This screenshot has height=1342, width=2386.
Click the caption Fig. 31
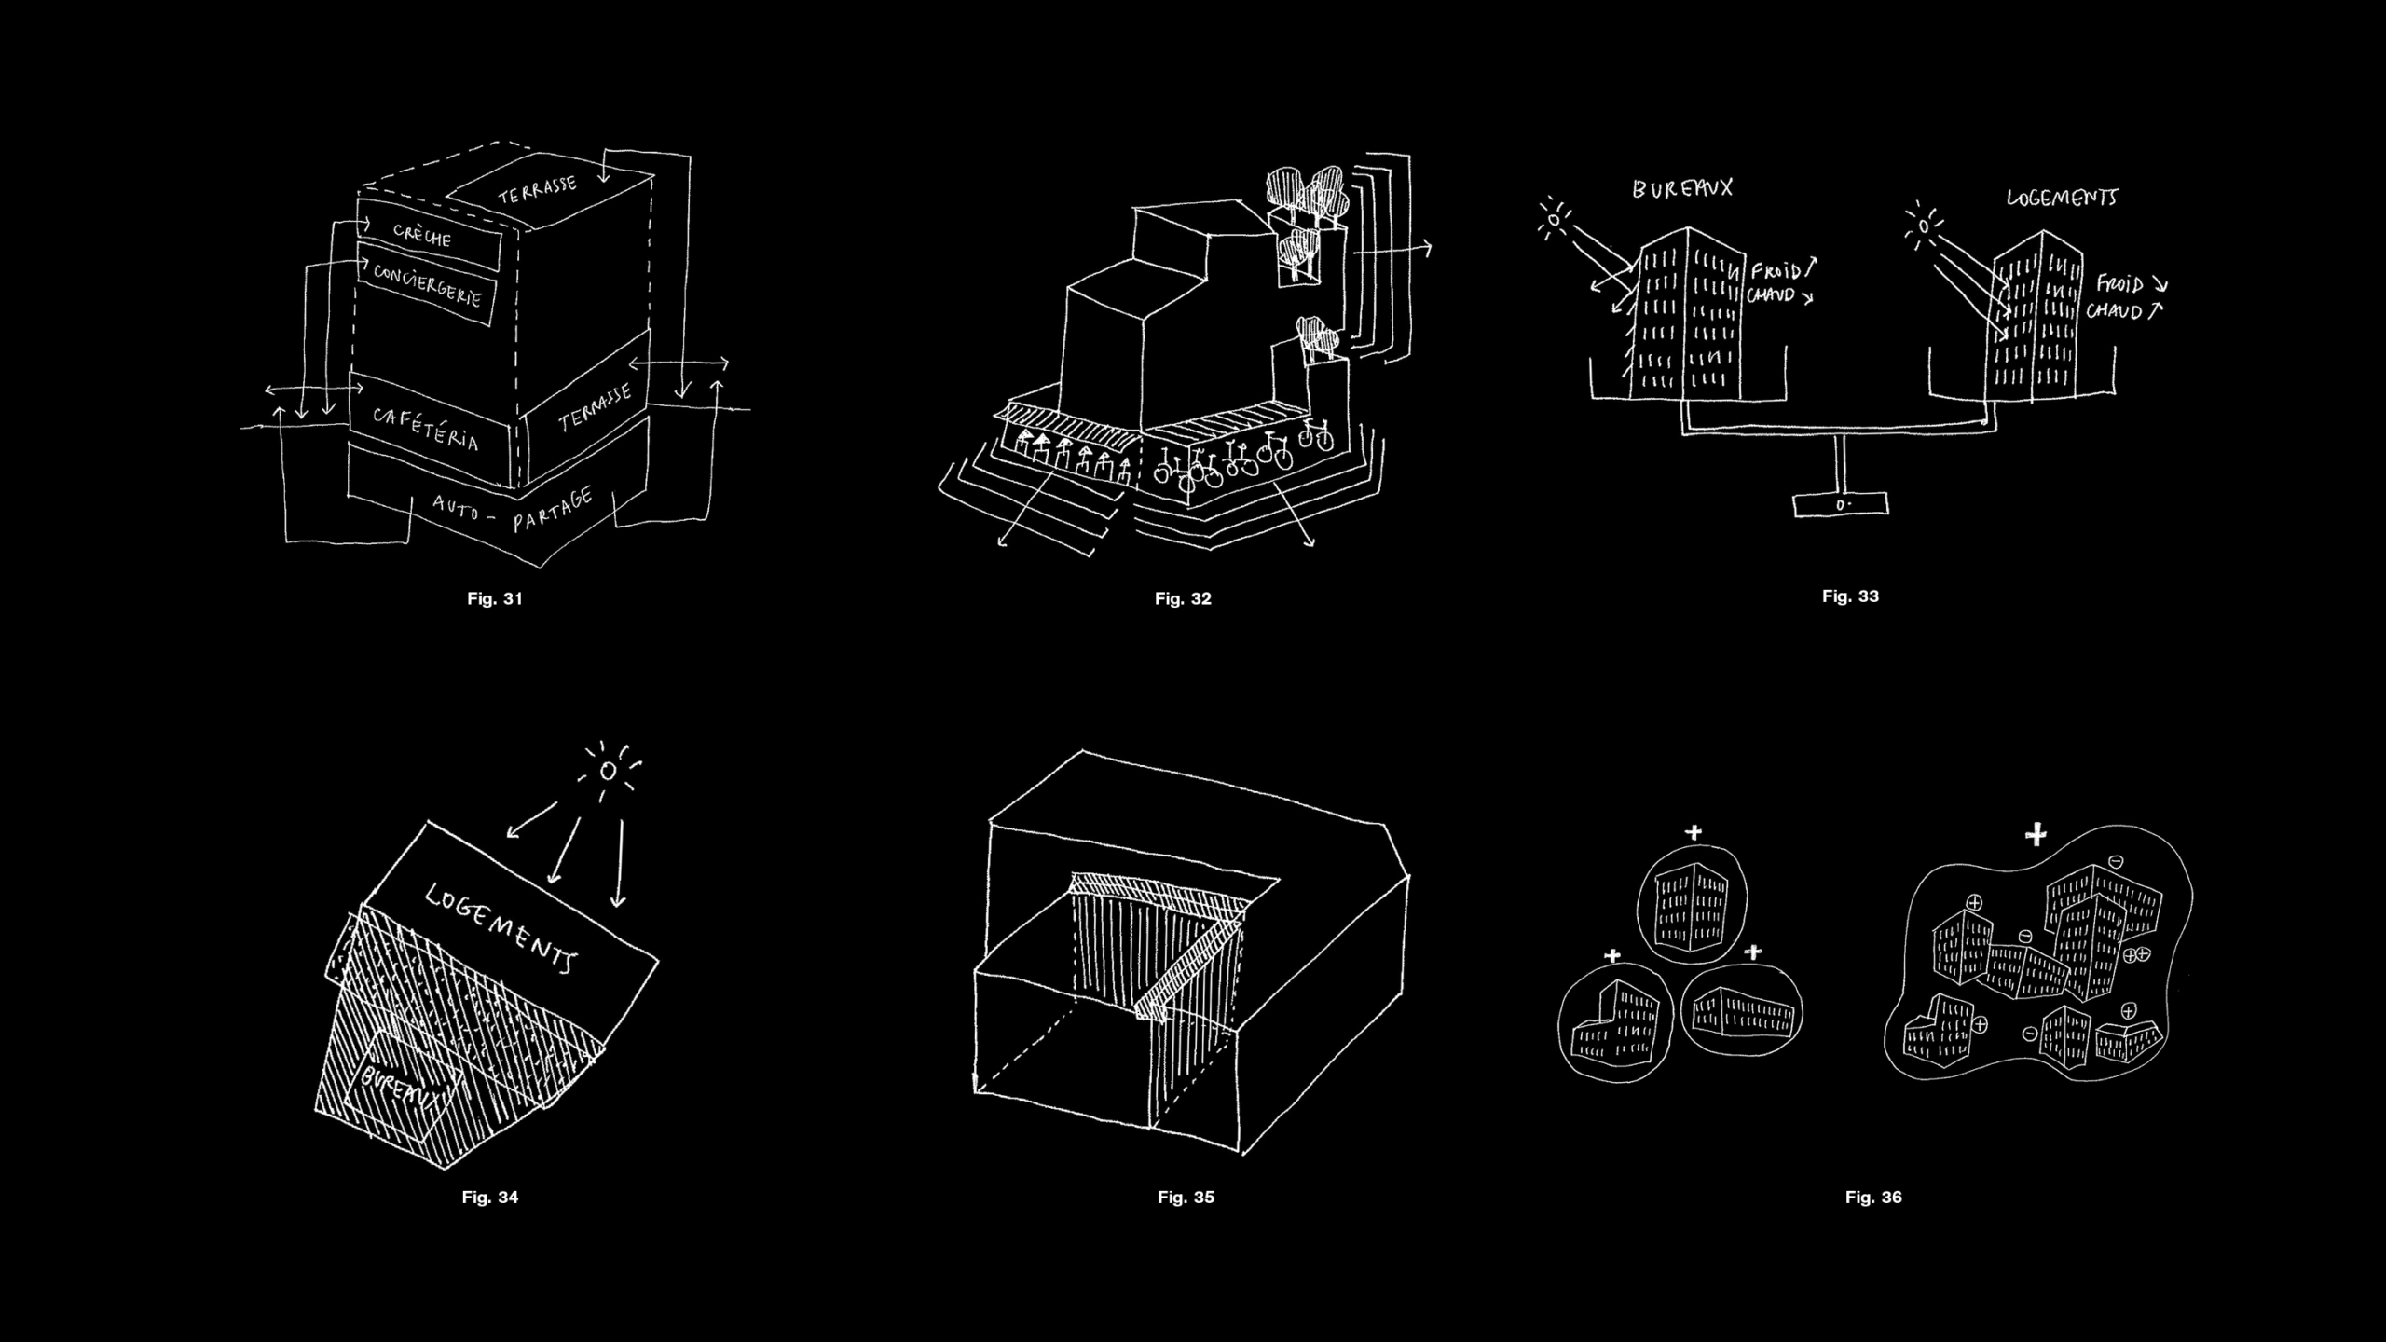(494, 598)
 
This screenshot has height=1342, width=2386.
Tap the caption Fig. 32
(1182, 598)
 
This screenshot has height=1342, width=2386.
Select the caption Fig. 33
(1850, 596)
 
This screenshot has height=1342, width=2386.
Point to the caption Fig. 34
(489, 1198)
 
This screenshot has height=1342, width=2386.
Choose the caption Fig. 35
(1186, 1198)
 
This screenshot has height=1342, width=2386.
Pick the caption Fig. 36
(1873, 1198)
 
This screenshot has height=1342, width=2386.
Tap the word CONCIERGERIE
(428, 284)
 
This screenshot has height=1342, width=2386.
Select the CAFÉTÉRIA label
(426, 429)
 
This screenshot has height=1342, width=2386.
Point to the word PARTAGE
(553, 510)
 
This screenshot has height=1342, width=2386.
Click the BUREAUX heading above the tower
(1681, 188)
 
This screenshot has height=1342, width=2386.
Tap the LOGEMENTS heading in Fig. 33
(2061, 198)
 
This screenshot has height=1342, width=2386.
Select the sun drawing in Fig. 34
(608, 771)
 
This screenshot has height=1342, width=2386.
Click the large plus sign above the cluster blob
(2036, 834)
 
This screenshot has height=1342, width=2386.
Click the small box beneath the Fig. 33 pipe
(1841, 505)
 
